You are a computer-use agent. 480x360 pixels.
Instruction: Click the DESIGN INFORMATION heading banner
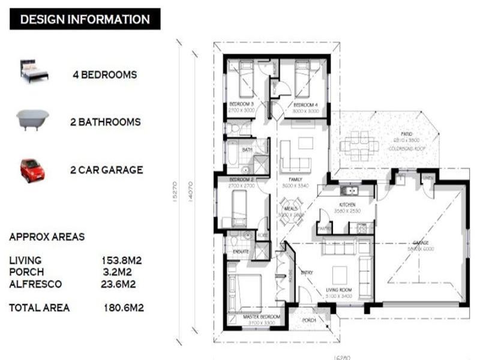[x=85, y=19]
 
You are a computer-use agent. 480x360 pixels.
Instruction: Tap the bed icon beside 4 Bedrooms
[x=34, y=71]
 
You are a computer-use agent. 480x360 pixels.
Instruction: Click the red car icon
[x=32, y=170]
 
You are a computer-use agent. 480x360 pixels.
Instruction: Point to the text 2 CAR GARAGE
[x=106, y=170]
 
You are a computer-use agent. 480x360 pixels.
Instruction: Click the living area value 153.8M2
[x=121, y=260]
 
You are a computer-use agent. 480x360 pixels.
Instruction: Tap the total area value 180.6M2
[x=123, y=308]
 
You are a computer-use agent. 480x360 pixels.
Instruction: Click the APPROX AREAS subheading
[x=47, y=237]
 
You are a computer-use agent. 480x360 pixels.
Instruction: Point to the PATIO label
[x=409, y=134]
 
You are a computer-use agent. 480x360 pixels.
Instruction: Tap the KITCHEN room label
[x=347, y=205]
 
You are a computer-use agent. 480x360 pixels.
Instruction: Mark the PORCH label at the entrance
[x=309, y=320]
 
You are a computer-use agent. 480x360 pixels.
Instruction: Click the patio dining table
[x=359, y=145]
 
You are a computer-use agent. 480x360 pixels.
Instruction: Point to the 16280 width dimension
[x=341, y=356]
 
